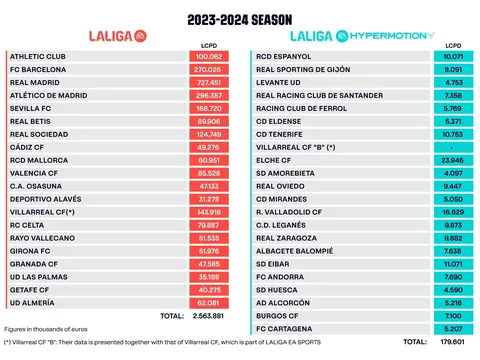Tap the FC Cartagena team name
(x=283, y=327)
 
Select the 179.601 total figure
(x=455, y=341)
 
